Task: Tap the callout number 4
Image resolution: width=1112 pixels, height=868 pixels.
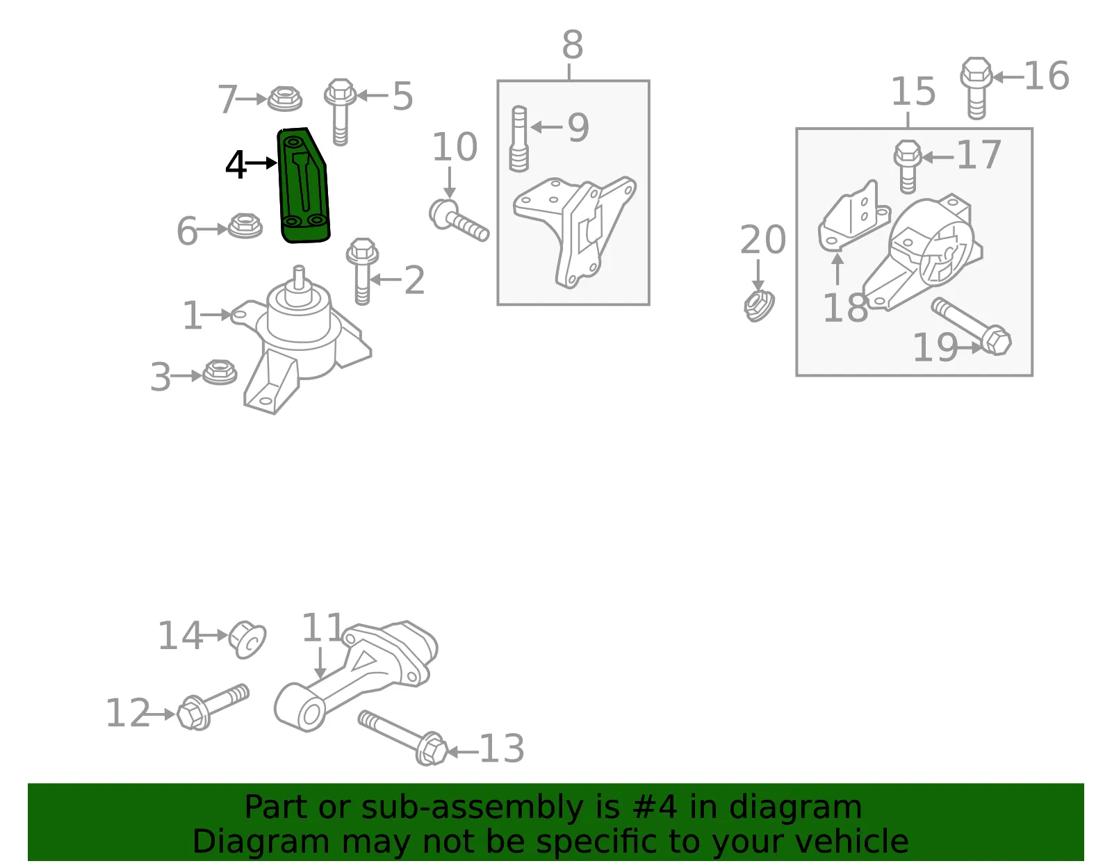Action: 236,165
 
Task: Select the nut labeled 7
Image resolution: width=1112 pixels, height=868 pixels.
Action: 285,98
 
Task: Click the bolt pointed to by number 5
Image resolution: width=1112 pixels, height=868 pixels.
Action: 341,111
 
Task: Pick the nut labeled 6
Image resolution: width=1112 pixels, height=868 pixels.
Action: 245,226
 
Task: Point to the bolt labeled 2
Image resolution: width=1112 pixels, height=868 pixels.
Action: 362,271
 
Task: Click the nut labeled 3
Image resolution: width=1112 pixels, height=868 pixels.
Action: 220,372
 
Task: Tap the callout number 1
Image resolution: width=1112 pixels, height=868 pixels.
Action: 193,316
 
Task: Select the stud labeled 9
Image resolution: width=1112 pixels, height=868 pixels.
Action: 519,138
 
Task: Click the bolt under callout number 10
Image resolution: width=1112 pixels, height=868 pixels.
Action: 459,220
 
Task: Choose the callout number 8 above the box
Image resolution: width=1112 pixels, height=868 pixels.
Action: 572,44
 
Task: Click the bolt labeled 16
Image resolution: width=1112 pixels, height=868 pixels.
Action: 976,88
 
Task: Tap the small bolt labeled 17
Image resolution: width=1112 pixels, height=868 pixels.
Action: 908,167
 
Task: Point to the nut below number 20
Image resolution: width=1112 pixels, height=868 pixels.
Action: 759,306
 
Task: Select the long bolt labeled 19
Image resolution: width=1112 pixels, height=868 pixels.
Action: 972,327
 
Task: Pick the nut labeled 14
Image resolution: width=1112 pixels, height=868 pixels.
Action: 247,639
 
